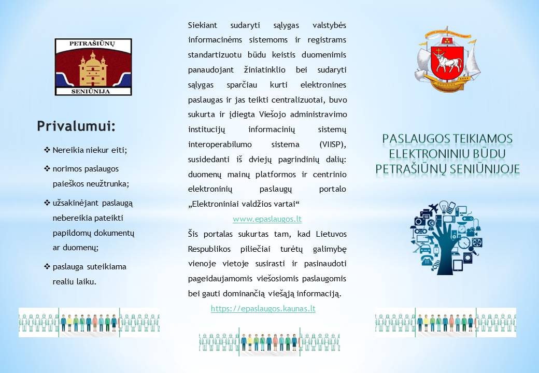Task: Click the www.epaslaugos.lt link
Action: click(267, 219)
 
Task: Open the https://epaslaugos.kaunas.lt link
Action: click(263, 309)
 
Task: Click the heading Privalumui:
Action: click(76, 126)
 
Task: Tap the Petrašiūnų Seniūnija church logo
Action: click(93, 67)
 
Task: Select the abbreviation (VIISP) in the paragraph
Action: click(332, 145)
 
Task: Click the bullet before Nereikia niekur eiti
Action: click(47, 150)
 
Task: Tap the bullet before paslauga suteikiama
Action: click(47, 266)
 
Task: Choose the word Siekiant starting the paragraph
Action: click(203, 25)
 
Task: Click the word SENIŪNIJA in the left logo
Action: click(90, 91)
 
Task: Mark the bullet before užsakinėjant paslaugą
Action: click(47, 203)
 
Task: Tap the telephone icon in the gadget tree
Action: click(427, 261)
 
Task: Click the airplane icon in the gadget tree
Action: click(433, 208)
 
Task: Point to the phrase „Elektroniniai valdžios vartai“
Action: click(244, 204)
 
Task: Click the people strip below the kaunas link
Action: click(269, 342)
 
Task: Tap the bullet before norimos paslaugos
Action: click(47, 169)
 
